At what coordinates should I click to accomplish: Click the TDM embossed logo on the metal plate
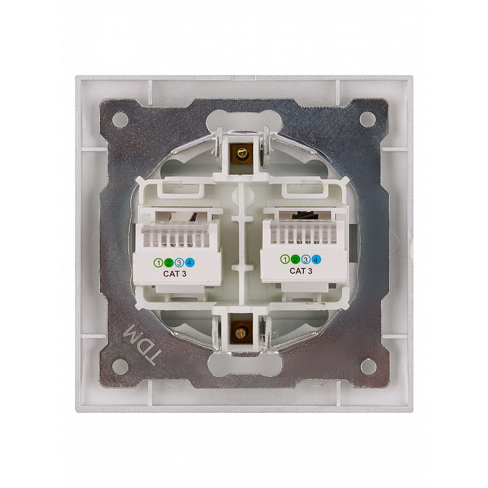(140, 344)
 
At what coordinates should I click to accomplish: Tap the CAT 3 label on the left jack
(174, 274)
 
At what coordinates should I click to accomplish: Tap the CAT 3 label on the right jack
(301, 271)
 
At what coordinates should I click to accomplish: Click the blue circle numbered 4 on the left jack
(190, 263)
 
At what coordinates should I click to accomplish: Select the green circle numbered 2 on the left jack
(169, 263)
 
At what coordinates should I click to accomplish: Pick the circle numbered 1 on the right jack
(285, 260)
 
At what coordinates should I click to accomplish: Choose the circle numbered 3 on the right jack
(306, 260)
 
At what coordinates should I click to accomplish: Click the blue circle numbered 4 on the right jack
(315, 260)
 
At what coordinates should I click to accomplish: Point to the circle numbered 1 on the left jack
(159, 263)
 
